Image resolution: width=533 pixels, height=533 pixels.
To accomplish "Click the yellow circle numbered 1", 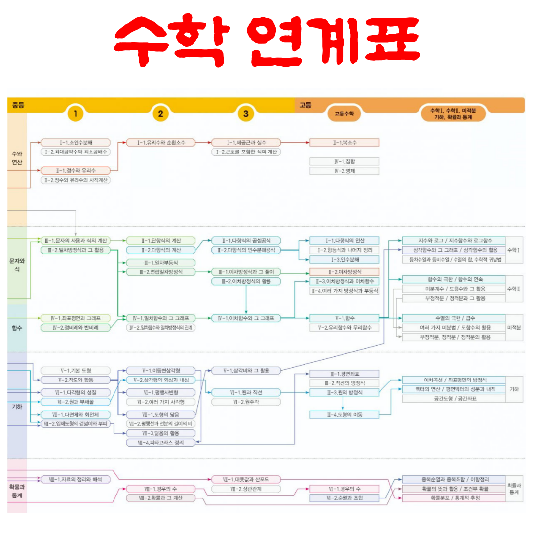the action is click(76, 114).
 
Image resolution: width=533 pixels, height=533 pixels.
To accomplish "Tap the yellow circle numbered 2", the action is click(160, 114).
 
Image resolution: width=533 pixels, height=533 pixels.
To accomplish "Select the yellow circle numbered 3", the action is click(245, 114).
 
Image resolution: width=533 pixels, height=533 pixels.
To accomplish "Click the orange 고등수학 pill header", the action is click(344, 114).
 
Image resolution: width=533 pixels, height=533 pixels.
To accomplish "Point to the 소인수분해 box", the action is click(76, 142).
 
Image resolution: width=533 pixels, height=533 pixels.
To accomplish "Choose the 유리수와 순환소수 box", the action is click(160, 142).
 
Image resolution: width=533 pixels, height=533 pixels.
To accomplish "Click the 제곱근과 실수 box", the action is click(246, 142).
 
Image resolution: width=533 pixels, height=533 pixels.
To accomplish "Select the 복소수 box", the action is click(344, 142).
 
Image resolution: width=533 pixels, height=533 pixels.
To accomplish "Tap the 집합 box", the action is click(344, 161).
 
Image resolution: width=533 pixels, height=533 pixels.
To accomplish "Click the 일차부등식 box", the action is click(160, 263).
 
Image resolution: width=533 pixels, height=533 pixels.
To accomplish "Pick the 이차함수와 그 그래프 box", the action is click(246, 318).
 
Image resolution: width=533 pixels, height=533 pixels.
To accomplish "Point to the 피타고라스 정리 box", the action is click(160, 443).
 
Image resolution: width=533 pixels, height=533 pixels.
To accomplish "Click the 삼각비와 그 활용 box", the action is click(246, 370).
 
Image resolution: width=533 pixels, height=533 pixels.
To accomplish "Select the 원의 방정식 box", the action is click(344, 392).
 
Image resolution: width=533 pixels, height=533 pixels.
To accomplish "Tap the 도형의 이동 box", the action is click(344, 415).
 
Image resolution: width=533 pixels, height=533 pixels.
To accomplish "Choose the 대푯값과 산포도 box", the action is click(246, 479).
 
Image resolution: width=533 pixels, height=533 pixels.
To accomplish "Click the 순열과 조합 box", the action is click(344, 498).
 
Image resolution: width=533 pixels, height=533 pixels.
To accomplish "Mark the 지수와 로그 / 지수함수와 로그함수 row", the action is click(455, 240).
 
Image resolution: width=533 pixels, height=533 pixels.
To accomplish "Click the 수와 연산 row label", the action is click(17, 158).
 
